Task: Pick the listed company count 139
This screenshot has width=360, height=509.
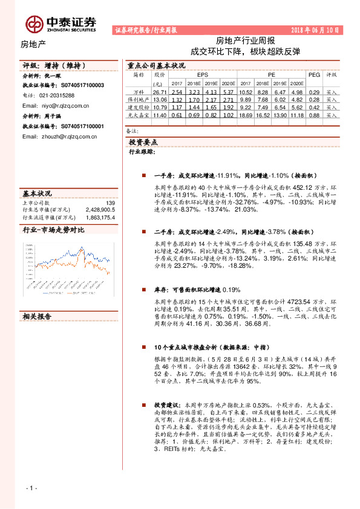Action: pyautogui.click(x=110, y=203)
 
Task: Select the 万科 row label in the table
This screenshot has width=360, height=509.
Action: pyautogui.click(x=139, y=92)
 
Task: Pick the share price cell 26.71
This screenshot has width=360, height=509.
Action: pyautogui.click(x=159, y=92)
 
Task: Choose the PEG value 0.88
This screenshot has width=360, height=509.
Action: pyautogui.click(x=313, y=114)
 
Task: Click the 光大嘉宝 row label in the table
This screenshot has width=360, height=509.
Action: pyautogui.click(x=139, y=114)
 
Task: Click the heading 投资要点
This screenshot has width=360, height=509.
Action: pyautogui.click(x=143, y=143)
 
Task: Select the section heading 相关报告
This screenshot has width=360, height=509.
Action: pyautogui.click(x=37, y=316)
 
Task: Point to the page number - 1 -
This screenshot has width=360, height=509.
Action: pyautogui.click(x=31, y=488)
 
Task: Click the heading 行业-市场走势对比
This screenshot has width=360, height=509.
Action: pyautogui.click(x=54, y=230)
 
